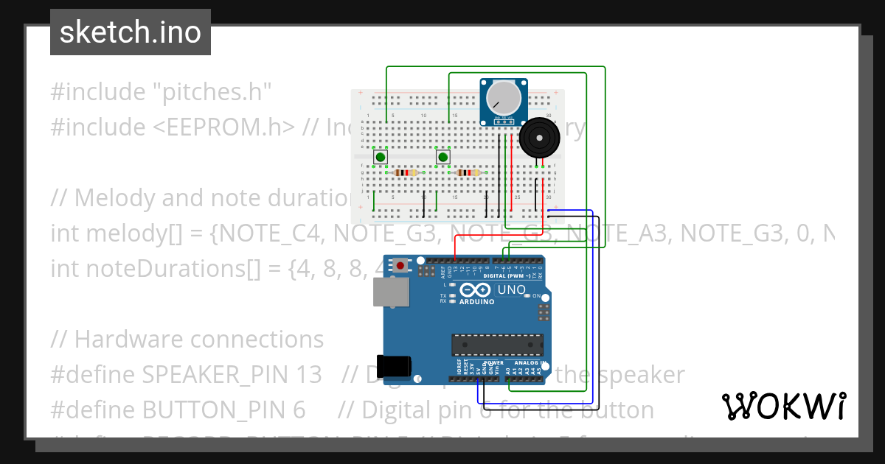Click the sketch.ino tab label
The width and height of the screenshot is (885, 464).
pos(131,32)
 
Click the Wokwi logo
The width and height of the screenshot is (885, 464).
pos(783,406)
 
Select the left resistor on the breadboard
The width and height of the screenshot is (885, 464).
pos(406,172)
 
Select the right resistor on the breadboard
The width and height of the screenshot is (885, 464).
pos(468,172)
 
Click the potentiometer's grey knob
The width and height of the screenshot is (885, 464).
pos(504,96)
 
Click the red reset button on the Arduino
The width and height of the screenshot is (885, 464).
pos(400,265)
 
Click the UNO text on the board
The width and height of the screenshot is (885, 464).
pos(510,289)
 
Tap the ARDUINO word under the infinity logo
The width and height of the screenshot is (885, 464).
pos(478,303)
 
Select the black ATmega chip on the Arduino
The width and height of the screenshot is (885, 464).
pos(497,345)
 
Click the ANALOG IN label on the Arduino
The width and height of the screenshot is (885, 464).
pos(529,363)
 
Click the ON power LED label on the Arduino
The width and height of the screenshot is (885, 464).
pos(536,296)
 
